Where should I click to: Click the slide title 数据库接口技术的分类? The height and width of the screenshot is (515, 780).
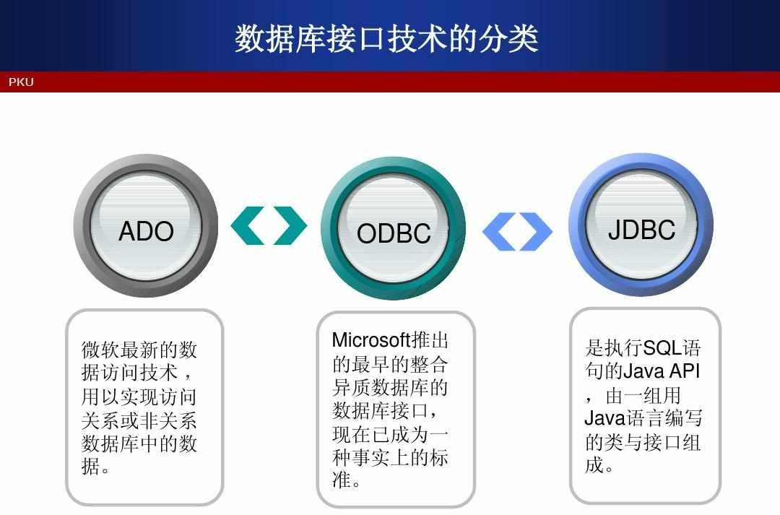pyautogui.click(x=386, y=38)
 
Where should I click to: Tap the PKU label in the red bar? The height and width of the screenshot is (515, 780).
pyautogui.click(x=21, y=82)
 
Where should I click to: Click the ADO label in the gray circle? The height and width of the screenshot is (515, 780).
pyautogui.click(x=146, y=231)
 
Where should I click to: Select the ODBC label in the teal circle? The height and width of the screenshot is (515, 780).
pyautogui.click(x=394, y=233)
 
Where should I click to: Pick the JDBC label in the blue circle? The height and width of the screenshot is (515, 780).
pyautogui.click(x=642, y=230)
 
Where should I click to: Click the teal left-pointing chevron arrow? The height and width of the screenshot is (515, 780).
pyautogui.click(x=247, y=225)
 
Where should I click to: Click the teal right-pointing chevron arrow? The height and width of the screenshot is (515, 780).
pyautogui.click(x=290, y=225)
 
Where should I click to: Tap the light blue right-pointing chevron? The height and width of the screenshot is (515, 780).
pyautogui.click(x=536, y=231)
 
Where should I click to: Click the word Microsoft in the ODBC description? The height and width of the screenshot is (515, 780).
pyautogui.click(x=371, y=340)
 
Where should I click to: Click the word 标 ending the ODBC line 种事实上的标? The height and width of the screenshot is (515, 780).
pyautogui.click(x=439, y=457)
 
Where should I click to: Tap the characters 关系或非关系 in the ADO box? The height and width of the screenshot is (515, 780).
pyautogui.click(x=139, y=420)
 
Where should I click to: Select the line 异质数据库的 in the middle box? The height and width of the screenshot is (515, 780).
pyautogui.click(x=390, y=388)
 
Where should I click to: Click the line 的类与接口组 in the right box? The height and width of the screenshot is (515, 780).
pyautogui.click(x=643, y=442)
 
